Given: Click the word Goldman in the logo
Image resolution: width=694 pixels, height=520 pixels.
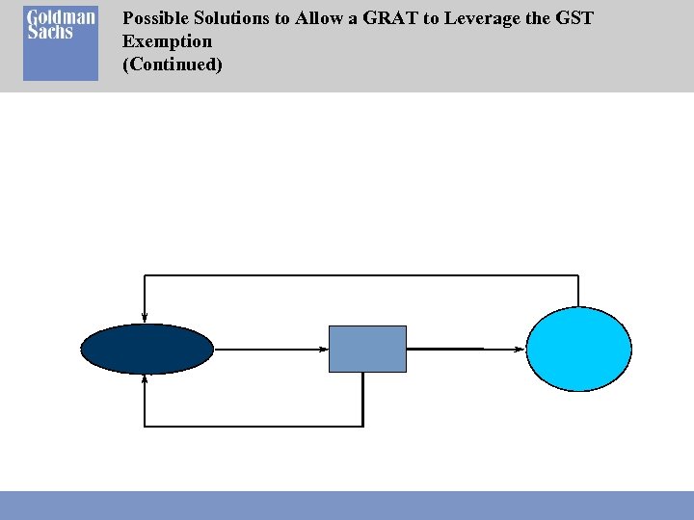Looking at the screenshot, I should coord(60,19).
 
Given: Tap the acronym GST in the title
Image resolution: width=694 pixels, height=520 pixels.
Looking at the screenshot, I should coord(576,19).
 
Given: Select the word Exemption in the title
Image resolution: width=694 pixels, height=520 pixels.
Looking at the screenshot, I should coord(167,41).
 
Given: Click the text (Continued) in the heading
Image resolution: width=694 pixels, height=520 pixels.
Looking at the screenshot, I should coord(173,65).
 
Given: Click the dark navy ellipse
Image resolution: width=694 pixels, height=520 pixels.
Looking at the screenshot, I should coord(147,349).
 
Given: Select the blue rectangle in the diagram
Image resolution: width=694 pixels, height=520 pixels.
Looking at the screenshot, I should coord(367,349).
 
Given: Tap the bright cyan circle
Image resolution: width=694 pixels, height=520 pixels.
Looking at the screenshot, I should coord(578,349).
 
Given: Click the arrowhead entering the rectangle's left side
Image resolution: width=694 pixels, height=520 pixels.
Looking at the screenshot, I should coord(324,349).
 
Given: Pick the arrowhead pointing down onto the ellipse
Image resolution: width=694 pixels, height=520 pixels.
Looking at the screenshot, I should coord(145,318).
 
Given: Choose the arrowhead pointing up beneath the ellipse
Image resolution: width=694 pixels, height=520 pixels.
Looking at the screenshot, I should coord(145,378).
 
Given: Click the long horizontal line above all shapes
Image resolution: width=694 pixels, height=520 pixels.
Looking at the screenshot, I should coord(361,275).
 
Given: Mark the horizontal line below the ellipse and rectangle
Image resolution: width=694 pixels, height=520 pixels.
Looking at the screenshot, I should coord(253,425).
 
